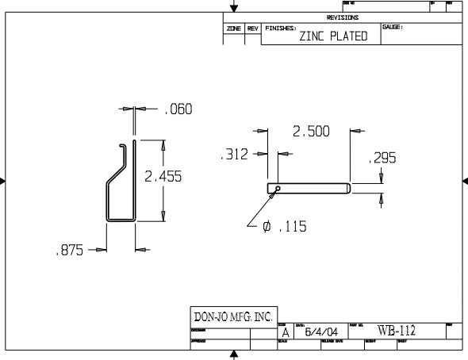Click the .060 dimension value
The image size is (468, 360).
click(178, 109)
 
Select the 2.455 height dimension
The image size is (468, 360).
click(163, 177)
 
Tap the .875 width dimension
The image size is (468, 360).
click(69, 251)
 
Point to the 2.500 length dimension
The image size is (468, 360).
click(310, 132)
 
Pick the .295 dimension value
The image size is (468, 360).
click(382, 159)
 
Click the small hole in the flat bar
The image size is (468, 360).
click(275, 189)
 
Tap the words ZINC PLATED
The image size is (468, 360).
click(333, 36)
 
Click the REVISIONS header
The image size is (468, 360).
click(342, 17)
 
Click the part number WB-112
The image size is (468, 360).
click(396, 331)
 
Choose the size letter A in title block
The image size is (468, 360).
click(285, 333)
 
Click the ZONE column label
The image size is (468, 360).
click(234, 28)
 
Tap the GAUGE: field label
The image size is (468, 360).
click(393, 27)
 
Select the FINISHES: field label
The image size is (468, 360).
click(281, 28)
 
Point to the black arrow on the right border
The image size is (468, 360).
click(464, 182)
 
